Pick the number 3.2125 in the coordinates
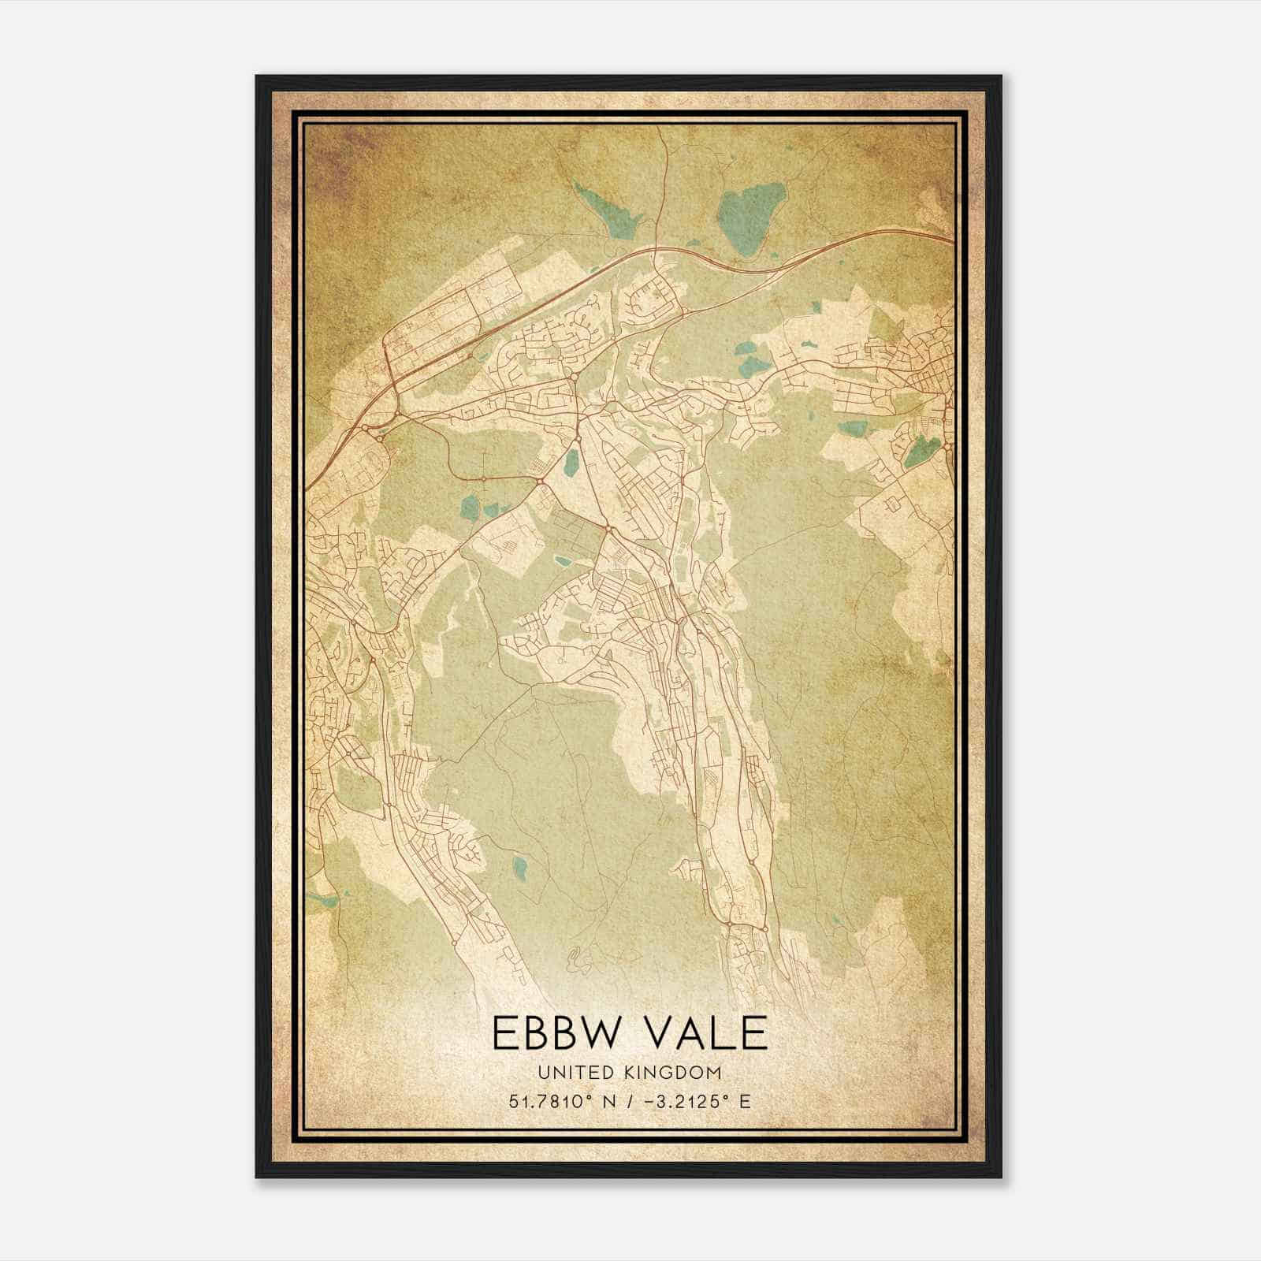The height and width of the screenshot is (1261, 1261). click(690, 1101)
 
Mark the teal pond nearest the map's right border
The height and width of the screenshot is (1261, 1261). click(921, 451)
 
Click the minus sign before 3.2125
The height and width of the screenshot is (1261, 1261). click(650, 1101)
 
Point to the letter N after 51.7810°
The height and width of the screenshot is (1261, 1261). click(610, 1101)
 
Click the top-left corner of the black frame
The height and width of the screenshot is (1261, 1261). click(258, 77)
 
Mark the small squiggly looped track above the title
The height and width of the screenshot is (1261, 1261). click(579, 959)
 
